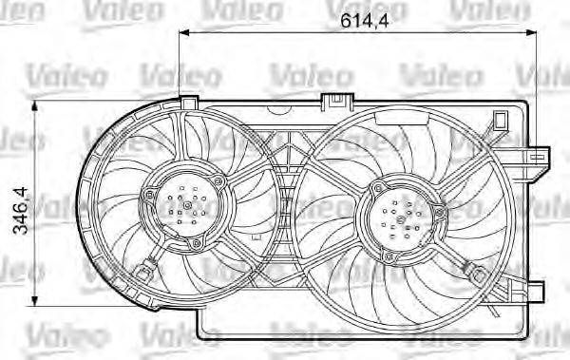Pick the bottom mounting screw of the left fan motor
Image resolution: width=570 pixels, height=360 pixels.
(x=196, y=244)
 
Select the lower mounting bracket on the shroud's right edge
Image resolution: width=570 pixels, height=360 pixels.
(x=539, y=288)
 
